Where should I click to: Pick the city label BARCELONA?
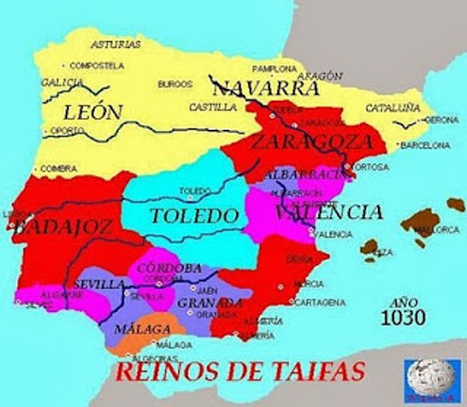point(424,145)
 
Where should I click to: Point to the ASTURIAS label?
point(115,44)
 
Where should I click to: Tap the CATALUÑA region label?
point(392,108)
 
